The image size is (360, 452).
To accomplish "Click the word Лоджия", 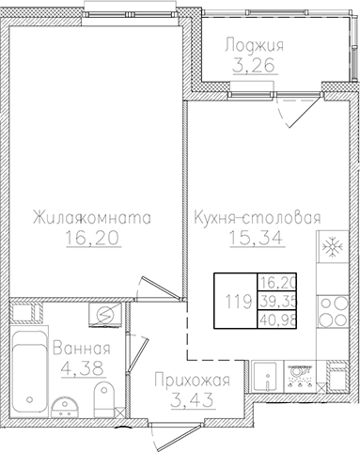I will click(x=255, y=45).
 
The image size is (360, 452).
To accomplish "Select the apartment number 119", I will click(x=235, y=302).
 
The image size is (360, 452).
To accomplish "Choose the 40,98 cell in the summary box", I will click(x=275, y=320).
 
